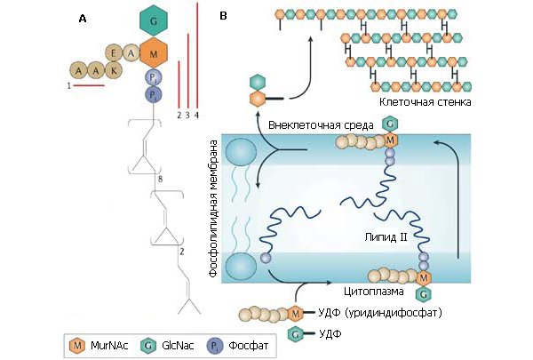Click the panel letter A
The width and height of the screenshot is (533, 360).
83,18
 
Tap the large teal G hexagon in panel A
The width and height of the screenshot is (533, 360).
155,20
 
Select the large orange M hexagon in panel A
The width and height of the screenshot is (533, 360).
155,52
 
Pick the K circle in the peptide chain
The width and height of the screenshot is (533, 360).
112,68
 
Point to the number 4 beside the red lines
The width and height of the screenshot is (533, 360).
197,116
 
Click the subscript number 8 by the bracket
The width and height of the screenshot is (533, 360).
159,180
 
